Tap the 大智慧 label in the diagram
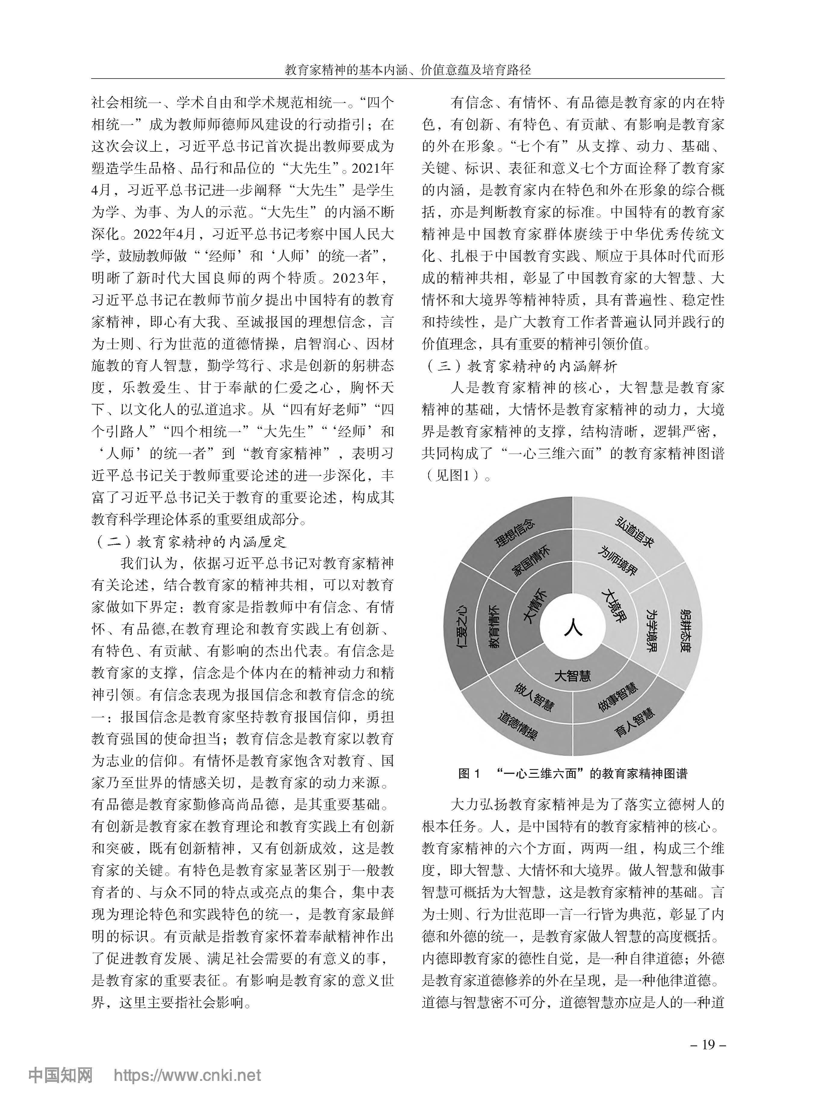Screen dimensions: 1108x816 (x=573, y=675)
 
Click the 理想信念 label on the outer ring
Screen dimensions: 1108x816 (x=515, y=534)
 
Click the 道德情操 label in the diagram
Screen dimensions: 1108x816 (x=516, y=725)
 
